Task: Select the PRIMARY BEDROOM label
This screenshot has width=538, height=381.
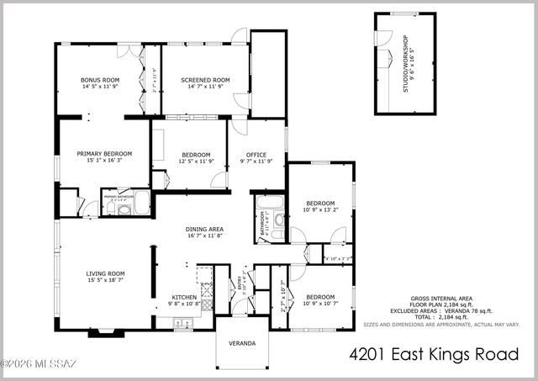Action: pos(105,154)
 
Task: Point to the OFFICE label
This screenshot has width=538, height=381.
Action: pos(256,154)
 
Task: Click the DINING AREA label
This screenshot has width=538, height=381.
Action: pos(204,229)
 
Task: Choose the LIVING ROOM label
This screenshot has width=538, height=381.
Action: pos(105,273)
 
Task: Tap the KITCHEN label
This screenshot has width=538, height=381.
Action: pos(184,297)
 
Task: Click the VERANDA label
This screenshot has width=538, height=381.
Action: pos(241,343)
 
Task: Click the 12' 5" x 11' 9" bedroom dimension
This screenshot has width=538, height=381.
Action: pos(193,161)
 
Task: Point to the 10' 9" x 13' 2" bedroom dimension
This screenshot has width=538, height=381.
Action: pos(320,210)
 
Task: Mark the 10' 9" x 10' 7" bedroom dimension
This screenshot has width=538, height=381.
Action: pos(320,304)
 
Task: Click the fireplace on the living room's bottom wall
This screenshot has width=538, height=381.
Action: pos(101,331)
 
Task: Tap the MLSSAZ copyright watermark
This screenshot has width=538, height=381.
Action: pos(39,364)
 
